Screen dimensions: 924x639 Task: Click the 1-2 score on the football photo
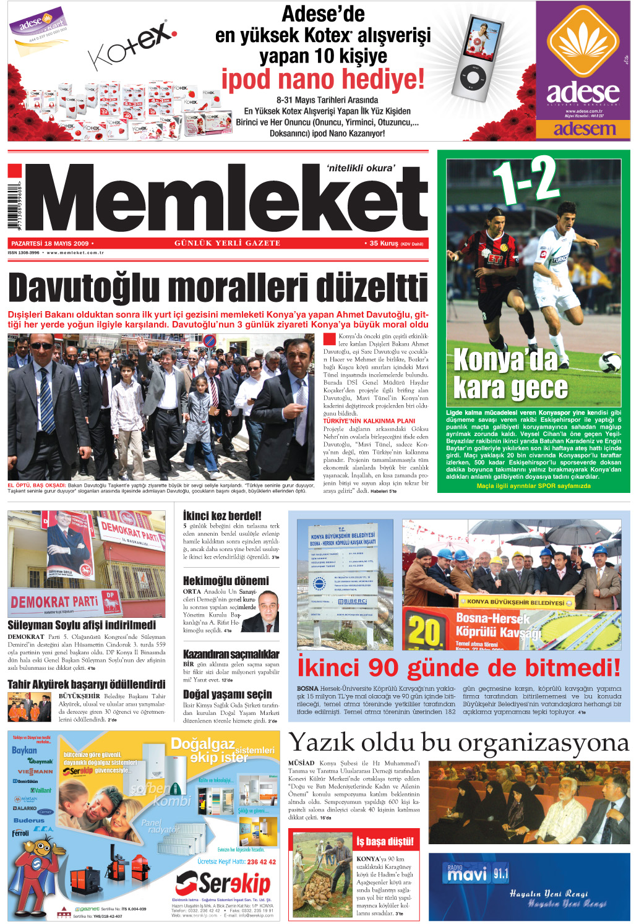tap(526, 180)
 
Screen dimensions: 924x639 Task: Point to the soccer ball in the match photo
tap(610, 362)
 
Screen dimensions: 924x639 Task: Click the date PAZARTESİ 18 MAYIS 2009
tap(50, 244)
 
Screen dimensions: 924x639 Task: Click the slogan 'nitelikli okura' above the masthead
tap(360, 168)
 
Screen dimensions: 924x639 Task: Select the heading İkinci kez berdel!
tap(222, 515)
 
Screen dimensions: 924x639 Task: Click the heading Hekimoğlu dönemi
tap(226, 581)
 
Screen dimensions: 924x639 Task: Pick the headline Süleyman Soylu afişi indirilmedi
tap(82, 625)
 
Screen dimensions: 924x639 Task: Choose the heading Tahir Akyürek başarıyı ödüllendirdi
tap(86, 684)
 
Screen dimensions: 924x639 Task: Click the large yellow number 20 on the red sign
tap(424, 632)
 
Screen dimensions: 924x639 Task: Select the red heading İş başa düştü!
tap(385, 841)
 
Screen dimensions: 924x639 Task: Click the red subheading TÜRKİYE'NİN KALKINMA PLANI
tap(369, 421)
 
